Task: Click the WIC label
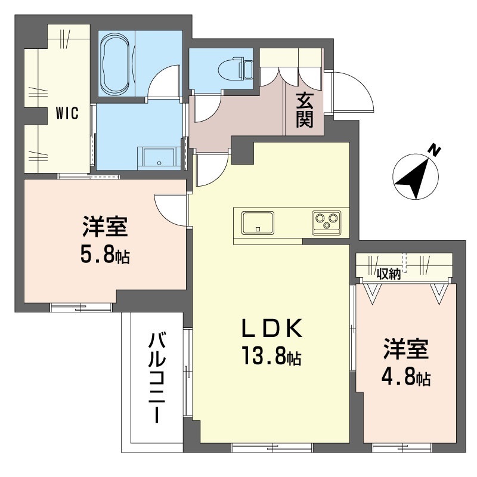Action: tap(67, 113)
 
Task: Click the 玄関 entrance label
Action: tap(303, 110)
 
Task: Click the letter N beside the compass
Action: tap(436, 151)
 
